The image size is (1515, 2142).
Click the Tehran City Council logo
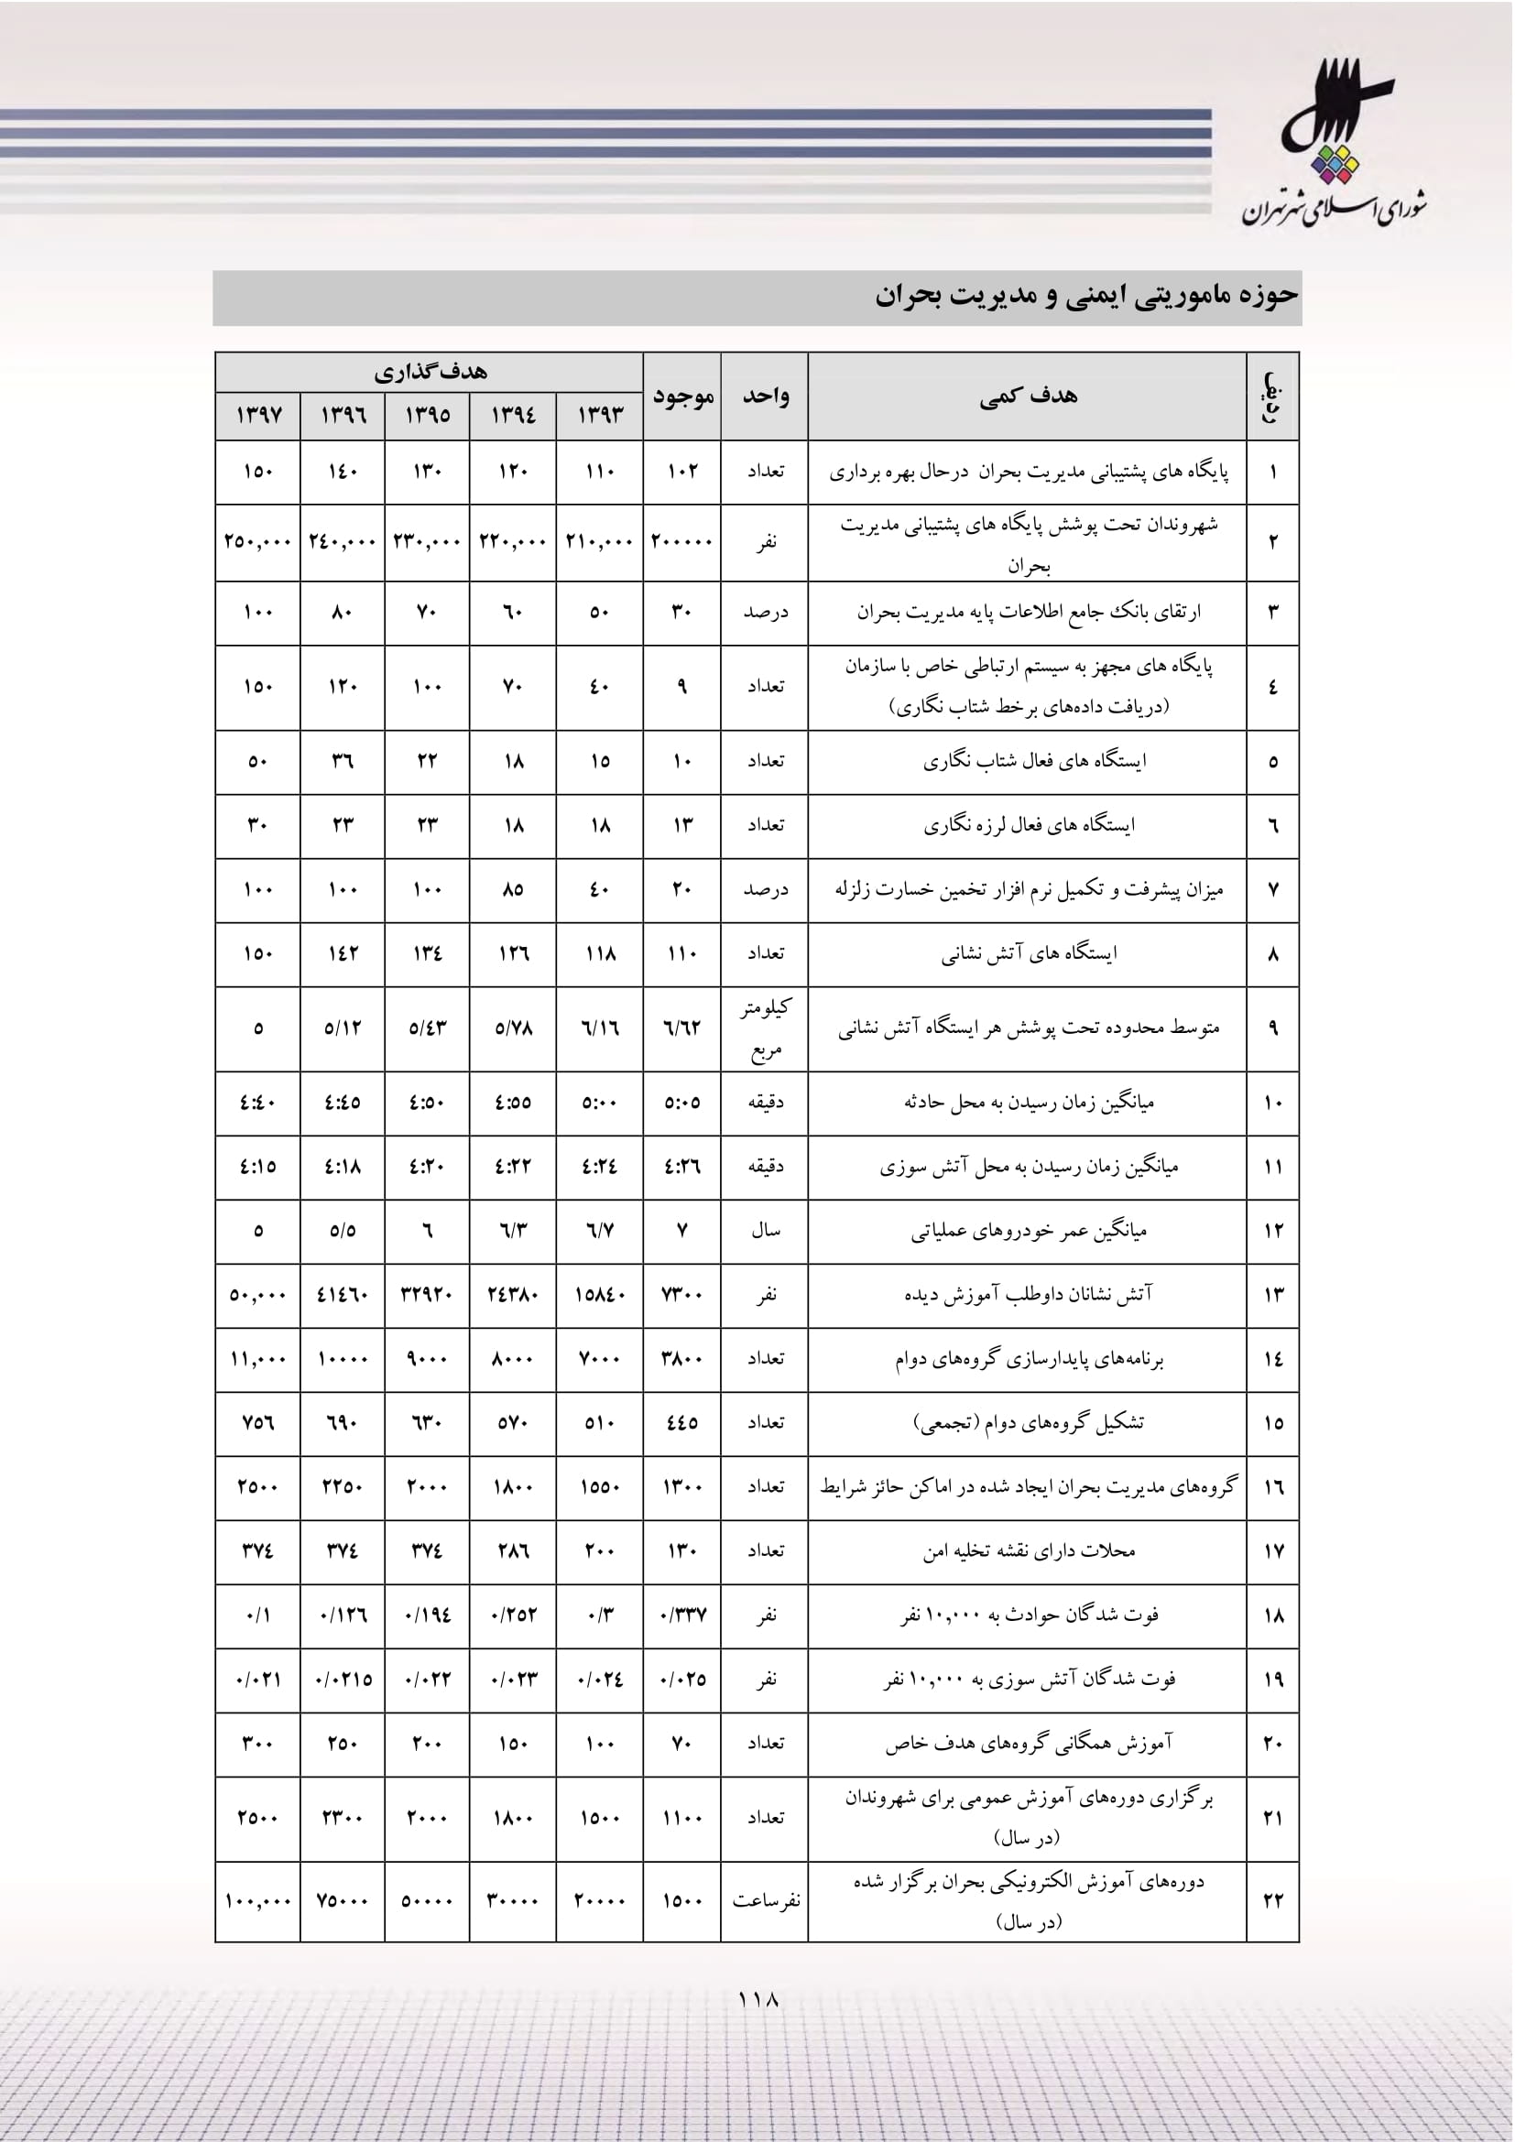click(1334, 145)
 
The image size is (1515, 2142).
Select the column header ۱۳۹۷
click(257, 414)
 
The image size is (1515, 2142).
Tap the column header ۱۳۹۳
click(599, 414)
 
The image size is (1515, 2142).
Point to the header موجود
click(682, 396)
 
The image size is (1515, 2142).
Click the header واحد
click(765, 396)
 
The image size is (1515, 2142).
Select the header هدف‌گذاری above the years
click(429, 371)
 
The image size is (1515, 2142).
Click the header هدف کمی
click(1027, 396)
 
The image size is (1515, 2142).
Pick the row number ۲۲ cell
click(1272, 1902)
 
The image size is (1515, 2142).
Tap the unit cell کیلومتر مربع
click(765, 1028)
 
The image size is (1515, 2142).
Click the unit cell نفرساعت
click(765, 1901)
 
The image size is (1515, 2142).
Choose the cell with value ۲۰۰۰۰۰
click(682, 541)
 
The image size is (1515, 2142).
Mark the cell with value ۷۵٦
click(257, 1423)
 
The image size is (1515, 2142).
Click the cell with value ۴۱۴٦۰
click(343, 1295)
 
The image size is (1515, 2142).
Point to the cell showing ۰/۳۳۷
click(682, 1615)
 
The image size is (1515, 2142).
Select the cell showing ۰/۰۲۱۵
click(343, 1680)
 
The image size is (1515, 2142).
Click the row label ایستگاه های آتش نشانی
click(1027, 953)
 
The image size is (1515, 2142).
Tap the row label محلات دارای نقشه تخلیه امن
click(1027, 1550)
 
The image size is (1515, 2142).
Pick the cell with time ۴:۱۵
click(257, 1166)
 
